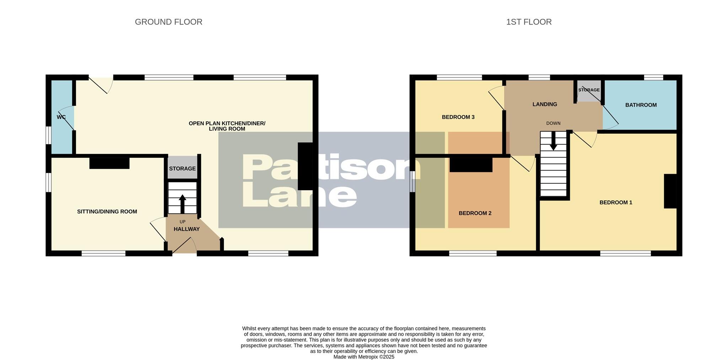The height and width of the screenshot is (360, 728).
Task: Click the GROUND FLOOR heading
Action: pos(168,22)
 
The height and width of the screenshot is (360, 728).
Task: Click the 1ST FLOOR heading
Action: pos(529,22)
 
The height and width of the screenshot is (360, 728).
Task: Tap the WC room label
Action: pos(61,117)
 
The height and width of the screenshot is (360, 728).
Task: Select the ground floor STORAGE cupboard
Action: pos(182,168)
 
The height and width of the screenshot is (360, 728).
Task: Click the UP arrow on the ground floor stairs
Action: pos(182,204)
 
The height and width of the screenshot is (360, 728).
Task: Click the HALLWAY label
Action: pos(187,229)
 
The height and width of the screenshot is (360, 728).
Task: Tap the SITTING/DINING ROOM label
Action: pos(107,211)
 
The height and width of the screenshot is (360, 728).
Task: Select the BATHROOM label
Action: pos(641,105)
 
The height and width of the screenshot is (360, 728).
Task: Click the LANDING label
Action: pos(545,104)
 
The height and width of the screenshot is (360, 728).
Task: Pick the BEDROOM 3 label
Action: pos(458,117)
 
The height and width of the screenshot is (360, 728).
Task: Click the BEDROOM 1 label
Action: pos(616,202)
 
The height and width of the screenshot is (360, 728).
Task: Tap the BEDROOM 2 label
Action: pos(475,213)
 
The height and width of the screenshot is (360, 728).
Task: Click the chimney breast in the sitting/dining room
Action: pos(109,163)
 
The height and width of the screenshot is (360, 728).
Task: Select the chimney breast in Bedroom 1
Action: pos(670,191)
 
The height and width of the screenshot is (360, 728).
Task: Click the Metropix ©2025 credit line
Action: pos(364,357)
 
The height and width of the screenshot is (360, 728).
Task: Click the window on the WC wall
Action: pos(48,135)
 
